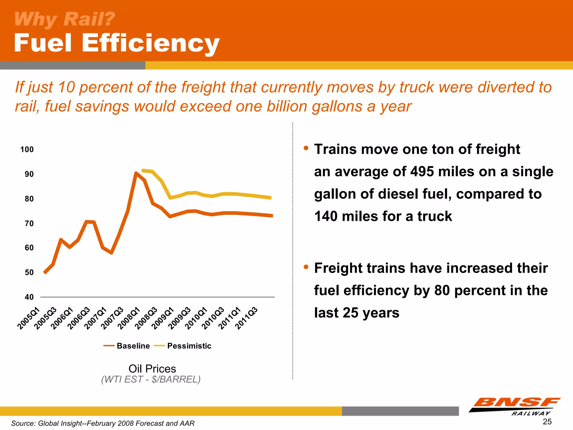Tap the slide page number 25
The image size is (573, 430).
(x=547, y=422)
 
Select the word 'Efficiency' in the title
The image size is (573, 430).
(x=151, y=43)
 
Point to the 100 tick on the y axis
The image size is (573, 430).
(x=27, y=149)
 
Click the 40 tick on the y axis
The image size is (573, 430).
(x=29, y=297)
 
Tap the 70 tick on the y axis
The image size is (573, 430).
(x=29, y=223)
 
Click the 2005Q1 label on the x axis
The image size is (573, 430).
(x=29, y=318)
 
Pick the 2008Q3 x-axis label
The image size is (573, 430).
(x=146, y=318)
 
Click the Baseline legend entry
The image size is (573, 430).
(x=127, y=346)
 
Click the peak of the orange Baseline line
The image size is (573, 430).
(x=136, y=173)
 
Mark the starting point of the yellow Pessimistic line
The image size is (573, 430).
(x=143, y=170)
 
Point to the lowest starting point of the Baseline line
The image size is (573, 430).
(x=44, y=272)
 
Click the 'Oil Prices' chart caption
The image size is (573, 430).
(x=152, y=369)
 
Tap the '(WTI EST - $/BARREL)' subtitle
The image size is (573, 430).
(x=151, y=379)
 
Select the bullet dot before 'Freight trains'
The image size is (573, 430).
(x=306, y=267)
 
